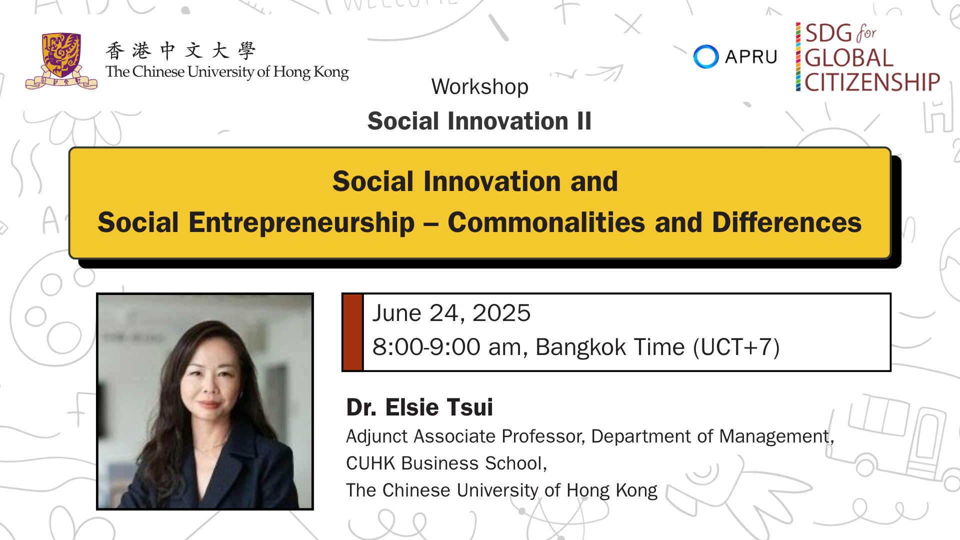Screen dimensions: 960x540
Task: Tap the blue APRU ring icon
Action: (706, 56)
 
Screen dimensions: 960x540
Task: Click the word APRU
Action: (751, 57)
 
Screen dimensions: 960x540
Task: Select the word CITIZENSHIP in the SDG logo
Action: (872, 82)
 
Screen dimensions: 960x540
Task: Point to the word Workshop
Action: (480, 87)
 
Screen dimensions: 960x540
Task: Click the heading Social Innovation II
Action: (479, 121)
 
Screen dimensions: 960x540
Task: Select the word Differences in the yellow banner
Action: (787, 222)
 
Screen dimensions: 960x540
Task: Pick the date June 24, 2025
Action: (451, 313)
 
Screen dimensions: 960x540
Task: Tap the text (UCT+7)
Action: (736, 347)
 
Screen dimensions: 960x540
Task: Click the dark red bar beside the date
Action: (352, 332)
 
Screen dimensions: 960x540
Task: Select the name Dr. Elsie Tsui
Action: (419, 407)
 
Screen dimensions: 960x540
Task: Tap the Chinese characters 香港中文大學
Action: (180, 50)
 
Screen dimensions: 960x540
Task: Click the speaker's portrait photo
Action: (205, 401)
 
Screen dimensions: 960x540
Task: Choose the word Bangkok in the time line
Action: (580, 347)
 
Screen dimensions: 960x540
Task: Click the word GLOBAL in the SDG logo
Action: (848, 58)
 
